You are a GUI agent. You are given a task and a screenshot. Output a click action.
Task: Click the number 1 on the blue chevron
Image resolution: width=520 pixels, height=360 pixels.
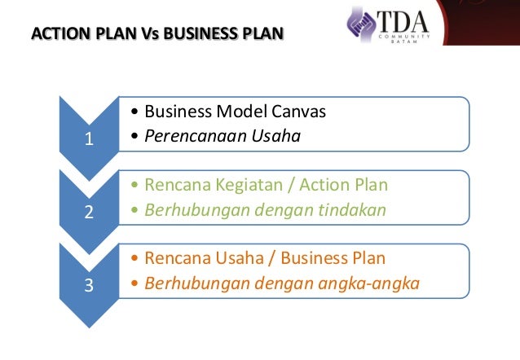point(88,141)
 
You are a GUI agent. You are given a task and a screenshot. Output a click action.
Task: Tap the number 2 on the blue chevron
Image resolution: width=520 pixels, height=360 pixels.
point(88,214)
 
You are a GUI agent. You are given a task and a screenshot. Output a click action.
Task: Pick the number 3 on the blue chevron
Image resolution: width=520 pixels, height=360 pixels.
point(88,287)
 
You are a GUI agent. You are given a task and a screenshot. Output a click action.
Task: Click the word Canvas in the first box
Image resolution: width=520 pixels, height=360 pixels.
point(302,112)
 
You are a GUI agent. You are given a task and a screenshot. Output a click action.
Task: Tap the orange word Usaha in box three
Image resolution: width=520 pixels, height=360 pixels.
point(230,258)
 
